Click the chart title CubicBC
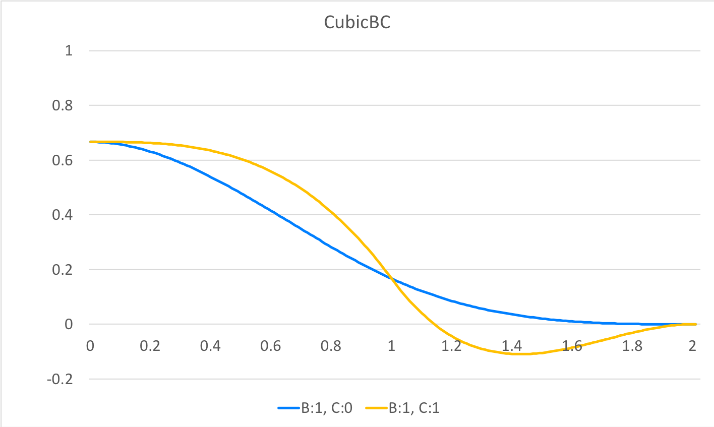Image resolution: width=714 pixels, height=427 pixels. [357, 23]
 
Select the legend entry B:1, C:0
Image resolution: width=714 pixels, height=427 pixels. [327, 407]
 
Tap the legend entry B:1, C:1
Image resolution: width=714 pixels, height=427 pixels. [414, 407]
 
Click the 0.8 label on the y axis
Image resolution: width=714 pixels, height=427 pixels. [62, 106]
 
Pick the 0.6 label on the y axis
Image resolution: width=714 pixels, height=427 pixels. [62, 160]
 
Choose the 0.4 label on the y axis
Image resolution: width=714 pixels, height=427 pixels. [62, 215]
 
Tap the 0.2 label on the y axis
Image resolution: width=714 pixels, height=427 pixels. [62, 270]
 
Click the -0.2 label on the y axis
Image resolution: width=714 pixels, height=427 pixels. [59, 379]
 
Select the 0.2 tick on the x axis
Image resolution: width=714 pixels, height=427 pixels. [150, 346]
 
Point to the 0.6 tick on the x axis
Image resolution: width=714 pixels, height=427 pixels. [270, 346]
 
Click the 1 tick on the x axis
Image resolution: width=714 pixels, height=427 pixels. [391, 346]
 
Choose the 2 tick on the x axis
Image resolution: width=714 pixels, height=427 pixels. [692, 346]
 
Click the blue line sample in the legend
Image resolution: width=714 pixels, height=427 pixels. [289, 407]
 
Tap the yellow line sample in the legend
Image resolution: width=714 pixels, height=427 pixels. [376, 407]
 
